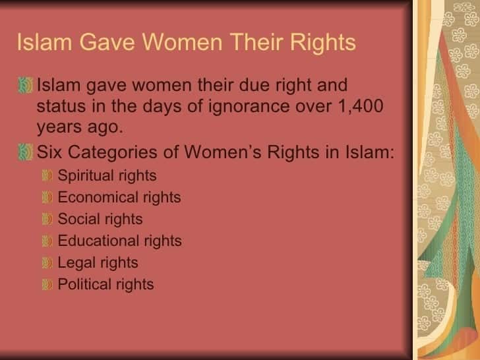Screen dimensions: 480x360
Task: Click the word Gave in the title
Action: point(107,42)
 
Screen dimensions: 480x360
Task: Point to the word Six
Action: point(49,152)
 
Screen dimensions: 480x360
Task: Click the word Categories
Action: point(113,153)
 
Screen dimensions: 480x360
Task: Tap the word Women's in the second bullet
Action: point(223,152)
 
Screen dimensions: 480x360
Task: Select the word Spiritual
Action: point(86,176)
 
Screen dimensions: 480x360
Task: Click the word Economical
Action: point(98,197)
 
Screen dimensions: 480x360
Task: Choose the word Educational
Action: point(98,241)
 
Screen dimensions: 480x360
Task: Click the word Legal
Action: point(76,263)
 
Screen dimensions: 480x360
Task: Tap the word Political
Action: point(84,284)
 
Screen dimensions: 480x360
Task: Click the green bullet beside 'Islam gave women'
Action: point(25,85)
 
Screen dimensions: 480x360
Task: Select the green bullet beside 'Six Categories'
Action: point(25,152)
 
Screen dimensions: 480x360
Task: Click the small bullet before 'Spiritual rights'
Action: point(47,175)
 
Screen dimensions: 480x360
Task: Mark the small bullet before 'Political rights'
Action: point(47,284)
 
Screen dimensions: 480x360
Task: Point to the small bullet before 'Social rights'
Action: point(47,219)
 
